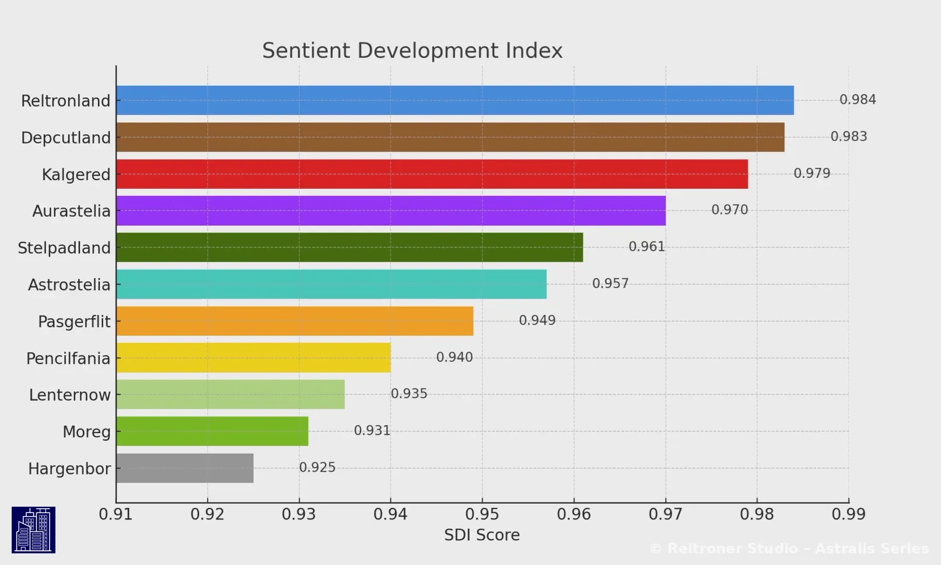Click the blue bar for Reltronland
coord(455,100)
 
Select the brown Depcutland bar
coord(450,137)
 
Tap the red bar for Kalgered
coord(432,174)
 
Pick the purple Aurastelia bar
coord(391,210)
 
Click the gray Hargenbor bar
coord(184,468)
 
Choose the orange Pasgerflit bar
coord(295,321)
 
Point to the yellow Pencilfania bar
coord(253,357)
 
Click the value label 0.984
coord(858,100)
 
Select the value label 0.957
coord(610,283)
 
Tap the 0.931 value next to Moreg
coord(372,430)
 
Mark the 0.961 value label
coord(646,247)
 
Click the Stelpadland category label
coord(64,248)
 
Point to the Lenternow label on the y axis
coord(69,395)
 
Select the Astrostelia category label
coord(69,285)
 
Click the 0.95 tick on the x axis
coord(482,514)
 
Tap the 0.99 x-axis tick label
coord(848,514)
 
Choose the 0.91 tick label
coord(116,514)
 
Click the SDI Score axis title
coord(481,535)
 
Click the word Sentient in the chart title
coord(306,51)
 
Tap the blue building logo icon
coord(33,529)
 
